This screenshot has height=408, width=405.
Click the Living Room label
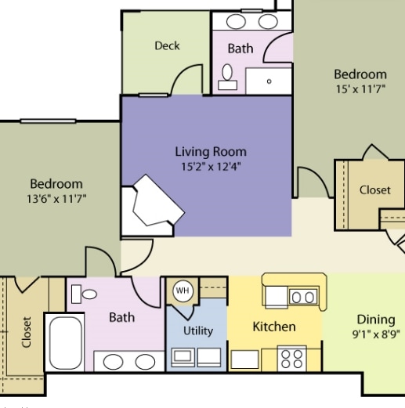[x=210, y=152]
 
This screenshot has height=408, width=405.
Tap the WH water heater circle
[x=182, y=291]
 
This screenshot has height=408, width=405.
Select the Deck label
[x=167, y=46]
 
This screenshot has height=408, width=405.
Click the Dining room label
[x=375, y=319]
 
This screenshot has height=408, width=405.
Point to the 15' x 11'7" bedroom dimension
[x=360, y=89]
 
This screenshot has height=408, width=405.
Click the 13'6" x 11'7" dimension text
[x=56, y=199]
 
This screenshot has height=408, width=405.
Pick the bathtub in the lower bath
[x=65, y=342]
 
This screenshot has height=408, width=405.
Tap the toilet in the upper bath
[x=228, y=74]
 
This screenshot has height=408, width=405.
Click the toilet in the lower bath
[x=85, y=295]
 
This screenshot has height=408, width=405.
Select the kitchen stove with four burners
[x=292, y=359]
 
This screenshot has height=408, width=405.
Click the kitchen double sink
[x=302, y=296]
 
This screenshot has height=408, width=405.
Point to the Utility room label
[x=197, y=330]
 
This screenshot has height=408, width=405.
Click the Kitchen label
[x=273, y=327]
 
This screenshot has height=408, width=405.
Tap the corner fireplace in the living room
[x=153, y=205]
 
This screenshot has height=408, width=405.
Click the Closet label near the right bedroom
[x=374, y=190]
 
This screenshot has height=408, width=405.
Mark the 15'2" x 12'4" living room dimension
[x=210, y=166]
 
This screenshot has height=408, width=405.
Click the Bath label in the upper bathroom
[x=240, y=49]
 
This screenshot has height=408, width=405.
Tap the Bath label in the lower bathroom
[x=121, y=317]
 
